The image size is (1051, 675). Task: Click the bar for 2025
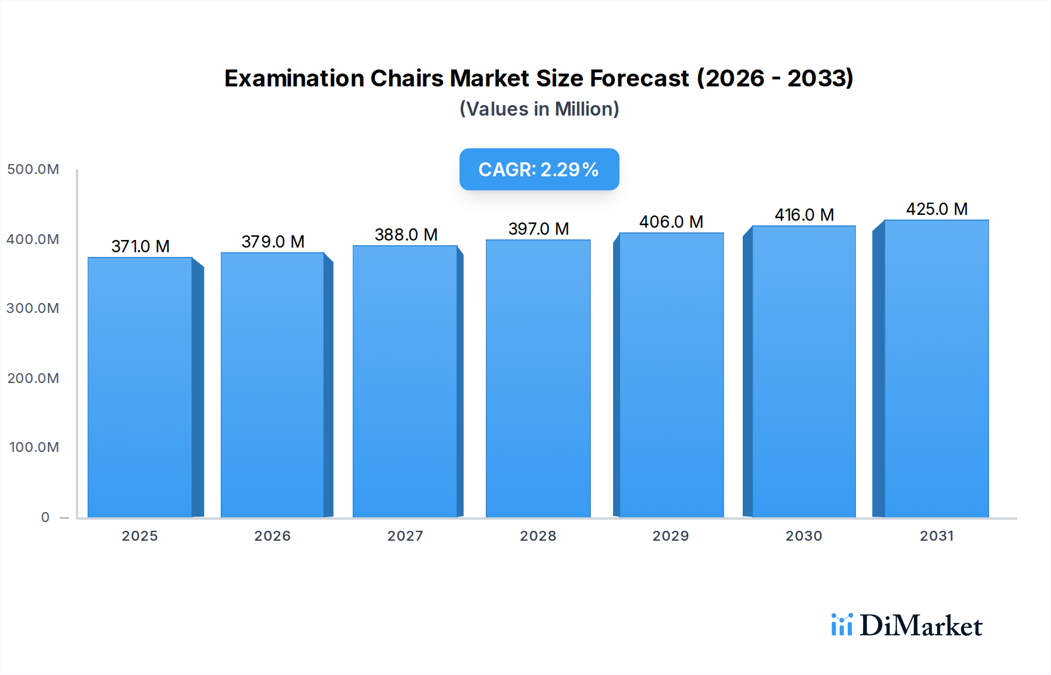pos(140,387)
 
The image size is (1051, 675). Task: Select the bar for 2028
pos(538,378)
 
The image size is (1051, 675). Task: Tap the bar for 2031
pos(936,368)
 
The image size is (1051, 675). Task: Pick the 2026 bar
pos(272,385)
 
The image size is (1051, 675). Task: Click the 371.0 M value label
pos(141,246)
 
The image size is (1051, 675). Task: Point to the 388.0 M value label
pos(406,235)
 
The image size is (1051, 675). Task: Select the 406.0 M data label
pos(671,222)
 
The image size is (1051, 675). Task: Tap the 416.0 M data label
pos(804,215)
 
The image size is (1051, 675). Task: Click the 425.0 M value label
pos(937,209)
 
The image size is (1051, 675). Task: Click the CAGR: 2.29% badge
pos(539,169)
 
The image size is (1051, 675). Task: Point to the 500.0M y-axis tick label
pos(33,169)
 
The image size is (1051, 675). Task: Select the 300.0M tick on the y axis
pos(33,308)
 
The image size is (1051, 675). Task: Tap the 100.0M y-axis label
pos(34,447)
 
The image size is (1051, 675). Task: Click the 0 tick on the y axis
pos(45,517)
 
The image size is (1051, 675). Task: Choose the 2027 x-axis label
pos(405,536)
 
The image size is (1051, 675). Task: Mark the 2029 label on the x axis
pos(670,536)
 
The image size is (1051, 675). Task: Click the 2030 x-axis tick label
pos(803,536)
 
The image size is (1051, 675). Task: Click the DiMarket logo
pos(907,625)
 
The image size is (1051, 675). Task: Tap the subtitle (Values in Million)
pos(539,109)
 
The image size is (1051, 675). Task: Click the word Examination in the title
pos(294,78)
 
